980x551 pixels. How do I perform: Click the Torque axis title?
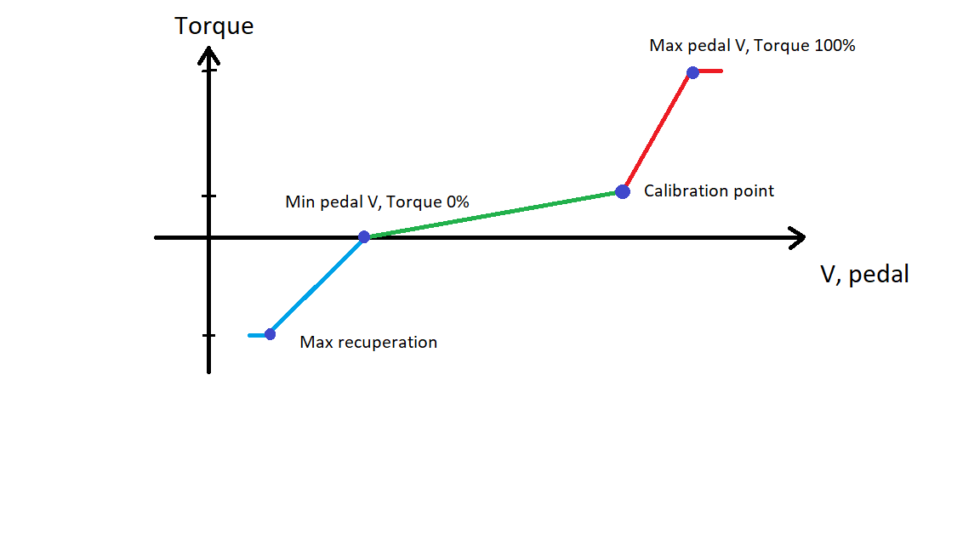pyautogui.click(x=214, y=27)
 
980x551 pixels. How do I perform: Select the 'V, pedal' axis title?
pyautogui.click(x=864, y=275)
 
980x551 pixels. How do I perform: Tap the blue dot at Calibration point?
pyautogui.click(x=623, y=192)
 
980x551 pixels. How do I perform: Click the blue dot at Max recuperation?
pyautogui.click(x=270, y=334)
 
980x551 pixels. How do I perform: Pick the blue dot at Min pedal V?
pyautogui.click(x=364, y=236)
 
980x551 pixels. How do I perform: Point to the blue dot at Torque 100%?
pyautogui.click(x=692, y=72)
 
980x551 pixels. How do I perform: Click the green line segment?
pyautogui.click(x=493, y=214)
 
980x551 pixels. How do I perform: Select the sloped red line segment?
pyautogui.click(x=658, y=132)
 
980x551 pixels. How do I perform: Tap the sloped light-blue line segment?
pyautogui.click(x=316, y=286)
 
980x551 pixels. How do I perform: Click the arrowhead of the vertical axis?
pyautogui.click(x=208, y=55)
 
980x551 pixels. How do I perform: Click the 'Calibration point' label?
pyautogui.click(x=709, y=191)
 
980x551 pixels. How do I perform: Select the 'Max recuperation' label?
pyautogui.click(x=368, y=343)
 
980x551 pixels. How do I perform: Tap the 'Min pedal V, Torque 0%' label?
pyautogui.click(x=377, y=202)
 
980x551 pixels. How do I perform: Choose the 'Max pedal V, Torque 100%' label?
pyautogui.click(x=752, y=46)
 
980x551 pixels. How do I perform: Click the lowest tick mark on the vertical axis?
pyautogui.click(x=208, y=336)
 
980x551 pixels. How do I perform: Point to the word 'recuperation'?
pyautogui.click(x=387, y=343)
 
